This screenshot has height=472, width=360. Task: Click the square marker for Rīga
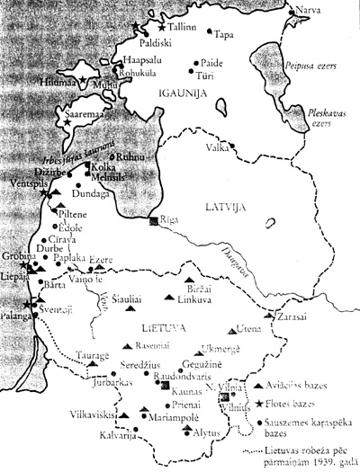coord(155,221)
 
